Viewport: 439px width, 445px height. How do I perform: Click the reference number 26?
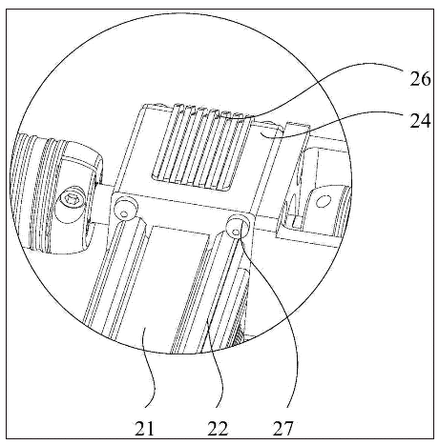click(x=420, y=79)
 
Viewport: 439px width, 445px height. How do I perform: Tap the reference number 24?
click(x=420, y=121)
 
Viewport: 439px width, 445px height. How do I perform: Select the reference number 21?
click(x=144, y=428)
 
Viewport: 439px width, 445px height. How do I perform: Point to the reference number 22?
click(x=218, y=428)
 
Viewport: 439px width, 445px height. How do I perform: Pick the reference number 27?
click(x=282, y=428)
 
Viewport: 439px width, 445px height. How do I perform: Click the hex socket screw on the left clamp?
click(x=71, y=200)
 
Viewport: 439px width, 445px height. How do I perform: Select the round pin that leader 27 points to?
click(x=236, y=228)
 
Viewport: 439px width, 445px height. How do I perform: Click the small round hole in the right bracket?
click(x=324, y=200)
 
